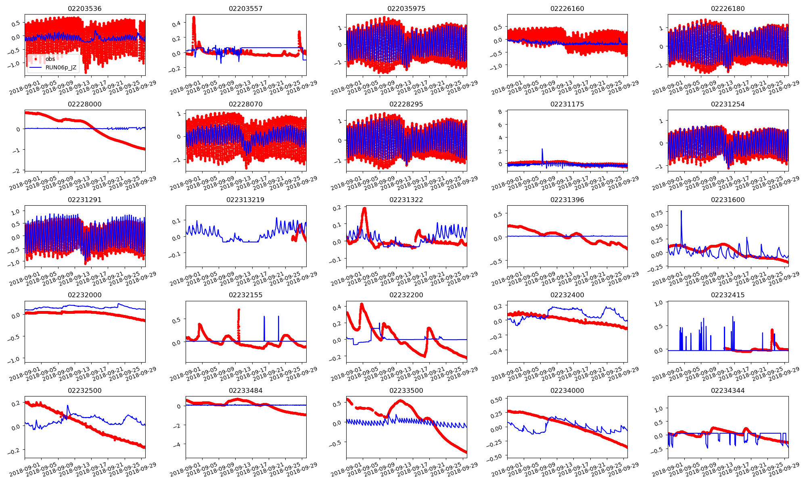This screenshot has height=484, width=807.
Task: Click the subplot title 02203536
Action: [85, 8]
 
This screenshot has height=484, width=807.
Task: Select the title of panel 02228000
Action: [85, 104]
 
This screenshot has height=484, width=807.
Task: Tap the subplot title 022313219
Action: [245, 200]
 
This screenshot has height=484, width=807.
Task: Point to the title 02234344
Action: [728, 390]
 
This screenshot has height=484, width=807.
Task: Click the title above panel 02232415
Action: [728, 295]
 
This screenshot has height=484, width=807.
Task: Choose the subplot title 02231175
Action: [567, 104]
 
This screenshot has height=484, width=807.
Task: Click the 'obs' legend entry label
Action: [50, 59]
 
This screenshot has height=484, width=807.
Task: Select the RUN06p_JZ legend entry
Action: [61, 67]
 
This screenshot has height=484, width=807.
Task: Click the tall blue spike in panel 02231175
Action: [542, 150]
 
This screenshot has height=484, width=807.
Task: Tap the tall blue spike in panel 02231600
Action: [681, 211]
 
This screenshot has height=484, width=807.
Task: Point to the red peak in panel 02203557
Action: [194, 18]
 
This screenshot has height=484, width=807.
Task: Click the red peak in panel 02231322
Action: [364, 209]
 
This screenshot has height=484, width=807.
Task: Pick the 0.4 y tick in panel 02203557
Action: [176, 24]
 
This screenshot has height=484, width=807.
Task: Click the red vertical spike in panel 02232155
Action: [238, 311]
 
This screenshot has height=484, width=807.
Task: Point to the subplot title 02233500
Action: [406, 390]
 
